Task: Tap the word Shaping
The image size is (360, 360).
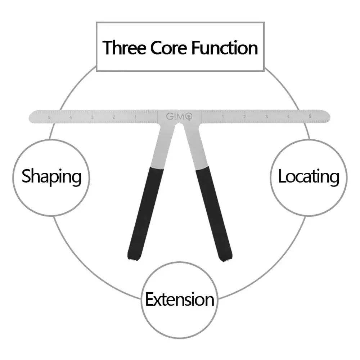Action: pyautogui.click(x=51, y=177)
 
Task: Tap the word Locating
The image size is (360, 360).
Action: pyautogui.click(x=309, y=177)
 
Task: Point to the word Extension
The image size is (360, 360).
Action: pyautogui.click(x=180, y=300)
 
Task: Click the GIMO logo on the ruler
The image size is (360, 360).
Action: pyautogui.click(x=179, y=116)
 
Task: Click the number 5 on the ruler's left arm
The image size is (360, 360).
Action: pyautogui.click(x=49, y=117)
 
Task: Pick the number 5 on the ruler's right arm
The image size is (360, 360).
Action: pyautogui.click(x=310, y=116)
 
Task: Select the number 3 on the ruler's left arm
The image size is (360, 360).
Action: pyautogui.click(x=92, y=117)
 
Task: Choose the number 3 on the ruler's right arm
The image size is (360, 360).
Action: pyautogui.click(x=266, y=116)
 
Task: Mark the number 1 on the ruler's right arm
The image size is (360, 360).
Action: pyautogui.click(x=223, y=116)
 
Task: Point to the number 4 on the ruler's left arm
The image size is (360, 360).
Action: pyautogui.click(x=71, y=117)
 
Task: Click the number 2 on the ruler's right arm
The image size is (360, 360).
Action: pyautogui.click(x=244, y=116)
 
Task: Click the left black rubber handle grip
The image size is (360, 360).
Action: pyautogui.click(x=145, y=212)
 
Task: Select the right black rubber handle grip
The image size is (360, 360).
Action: pyautogui.click(x=214, y=212)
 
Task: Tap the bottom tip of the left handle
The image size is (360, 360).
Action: pyautogui.click(x=132, y=258)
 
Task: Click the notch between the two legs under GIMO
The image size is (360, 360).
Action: pyautogui.click(x=179, y=125)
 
